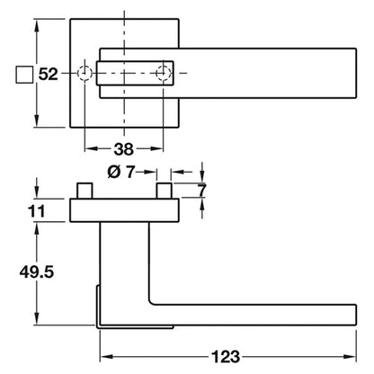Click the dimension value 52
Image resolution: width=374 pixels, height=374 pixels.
pyautogui.click(x=48, y=74)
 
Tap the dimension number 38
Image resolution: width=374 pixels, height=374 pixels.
pyautogui.click(x=123, y=149)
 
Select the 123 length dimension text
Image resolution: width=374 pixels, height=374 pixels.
pyautogui.click(x=226, y=357)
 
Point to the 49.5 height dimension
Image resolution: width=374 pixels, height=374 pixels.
pyautogui.click(x=37, y=272)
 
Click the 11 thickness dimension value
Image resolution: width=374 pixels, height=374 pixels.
pyautogui.click(x=36, y=211)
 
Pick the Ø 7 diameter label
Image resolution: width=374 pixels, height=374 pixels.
pyautogui.click(x=120, y=172)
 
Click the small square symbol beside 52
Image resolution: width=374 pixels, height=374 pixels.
pyautogui.click(x=24, y=74)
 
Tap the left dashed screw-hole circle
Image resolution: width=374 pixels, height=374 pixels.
pyautogui.click(x=85, y=73)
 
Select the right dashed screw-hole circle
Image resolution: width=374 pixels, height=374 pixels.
pyautogui.click(x=164, y=73)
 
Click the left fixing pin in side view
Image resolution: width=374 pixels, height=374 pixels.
pyautogui.click(x=85, y=191)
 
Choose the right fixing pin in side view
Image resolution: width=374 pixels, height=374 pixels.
pyautogui.click(x=164, y=191)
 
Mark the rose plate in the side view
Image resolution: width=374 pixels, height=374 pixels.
pyautogui.click(x=124, y=210)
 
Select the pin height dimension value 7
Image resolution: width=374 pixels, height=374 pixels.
pyautogui.click(x=202, y=190)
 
